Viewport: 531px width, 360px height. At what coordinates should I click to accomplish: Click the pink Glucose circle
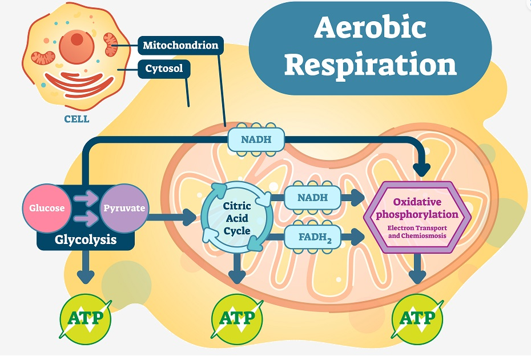(47, 208)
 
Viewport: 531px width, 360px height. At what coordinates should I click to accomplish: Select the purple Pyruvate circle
(124, 208)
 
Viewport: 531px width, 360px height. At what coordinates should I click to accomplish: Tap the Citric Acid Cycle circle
(237, 218)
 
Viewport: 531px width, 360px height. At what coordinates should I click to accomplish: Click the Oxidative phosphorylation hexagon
(417, 218)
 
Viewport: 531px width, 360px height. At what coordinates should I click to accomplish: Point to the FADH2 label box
(312, 237)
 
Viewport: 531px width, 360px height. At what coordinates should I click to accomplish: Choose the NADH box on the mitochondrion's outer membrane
(256, 139)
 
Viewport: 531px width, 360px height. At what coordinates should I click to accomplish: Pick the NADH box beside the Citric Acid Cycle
(312, 197)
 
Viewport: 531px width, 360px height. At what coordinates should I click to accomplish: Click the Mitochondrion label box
(180, 45)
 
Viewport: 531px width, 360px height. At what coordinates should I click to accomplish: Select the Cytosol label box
(164, 69)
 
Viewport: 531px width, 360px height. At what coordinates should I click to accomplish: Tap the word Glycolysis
(86, 239)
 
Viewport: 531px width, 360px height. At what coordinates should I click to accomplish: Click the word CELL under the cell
(77, 119)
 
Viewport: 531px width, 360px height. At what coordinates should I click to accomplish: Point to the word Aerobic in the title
(370, 27)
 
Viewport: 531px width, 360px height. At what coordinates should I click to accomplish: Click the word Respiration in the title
(371, 65)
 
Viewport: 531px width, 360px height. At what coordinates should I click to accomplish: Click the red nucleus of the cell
(77, 46)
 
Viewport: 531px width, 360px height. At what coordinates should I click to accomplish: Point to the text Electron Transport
(417, 228)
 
